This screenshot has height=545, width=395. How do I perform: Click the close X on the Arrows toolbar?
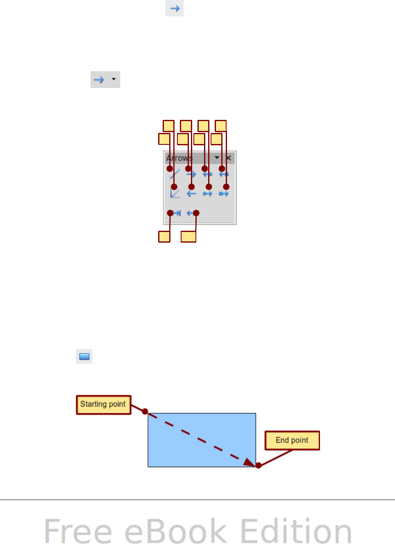tap(229, 158)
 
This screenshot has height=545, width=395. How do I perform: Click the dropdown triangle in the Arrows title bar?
tap(217, 158)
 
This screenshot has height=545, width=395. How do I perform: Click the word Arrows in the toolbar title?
tap(179, 158)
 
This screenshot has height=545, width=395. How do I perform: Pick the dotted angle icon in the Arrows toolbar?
tap(175, 193)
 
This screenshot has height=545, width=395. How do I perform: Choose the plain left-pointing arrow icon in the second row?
tap(191, 194)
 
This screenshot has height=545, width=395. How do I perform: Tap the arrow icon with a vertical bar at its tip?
tap(177, 213)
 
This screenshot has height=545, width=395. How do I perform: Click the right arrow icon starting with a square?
tap(224, 194)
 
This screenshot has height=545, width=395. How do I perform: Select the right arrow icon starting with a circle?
tap(207, 194)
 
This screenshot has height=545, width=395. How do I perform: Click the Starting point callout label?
tap(103, 405)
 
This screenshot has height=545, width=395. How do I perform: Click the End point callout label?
tap(292, 440)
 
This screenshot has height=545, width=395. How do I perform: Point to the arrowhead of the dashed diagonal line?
tap(249, 462)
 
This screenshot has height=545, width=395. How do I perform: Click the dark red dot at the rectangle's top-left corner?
tap(145, 412)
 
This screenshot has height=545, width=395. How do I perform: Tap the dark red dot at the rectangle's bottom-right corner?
tap(259, 466)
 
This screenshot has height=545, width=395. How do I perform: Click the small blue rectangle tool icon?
tap(84, 356)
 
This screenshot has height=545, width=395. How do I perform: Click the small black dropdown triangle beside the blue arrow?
tap(114, 79)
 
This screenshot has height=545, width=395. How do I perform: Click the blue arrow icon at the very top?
tap(175, 8)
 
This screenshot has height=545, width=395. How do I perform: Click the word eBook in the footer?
tap(176, 531)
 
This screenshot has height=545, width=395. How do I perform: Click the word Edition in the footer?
tap(296, 531)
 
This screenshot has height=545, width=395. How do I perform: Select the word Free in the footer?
tap(78, 531)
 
